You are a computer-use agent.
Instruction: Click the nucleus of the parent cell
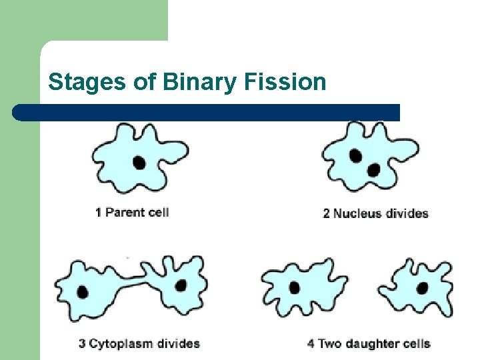139,162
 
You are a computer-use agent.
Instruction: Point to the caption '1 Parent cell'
132,213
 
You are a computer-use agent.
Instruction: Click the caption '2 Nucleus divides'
375,213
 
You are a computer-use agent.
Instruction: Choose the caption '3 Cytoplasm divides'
139,344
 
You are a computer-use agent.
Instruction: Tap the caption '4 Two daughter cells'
369,344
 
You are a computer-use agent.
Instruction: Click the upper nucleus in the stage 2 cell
356,156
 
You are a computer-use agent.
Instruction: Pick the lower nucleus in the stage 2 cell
373,170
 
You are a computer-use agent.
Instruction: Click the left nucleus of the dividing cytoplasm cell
83,291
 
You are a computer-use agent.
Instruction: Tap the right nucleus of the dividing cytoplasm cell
180,285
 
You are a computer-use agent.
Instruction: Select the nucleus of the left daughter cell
294,288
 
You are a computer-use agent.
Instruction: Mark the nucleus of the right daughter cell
422,287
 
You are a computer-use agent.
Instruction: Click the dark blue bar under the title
207,112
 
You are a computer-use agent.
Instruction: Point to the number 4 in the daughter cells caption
311,344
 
